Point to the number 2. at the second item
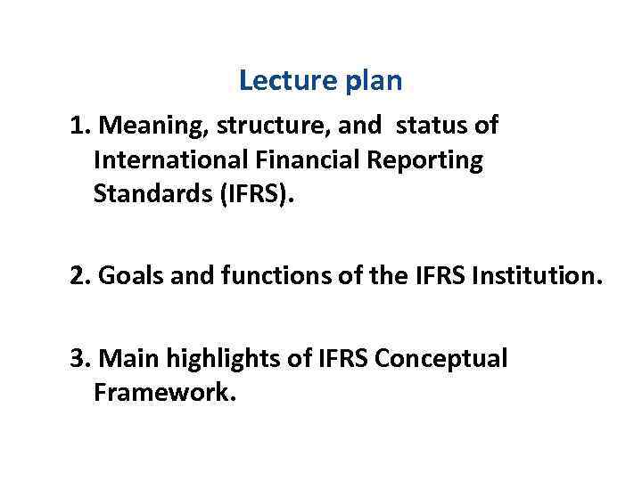pos(80,277)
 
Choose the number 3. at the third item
pos(80,359)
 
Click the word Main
pos(125,359)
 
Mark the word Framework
pos(165,393)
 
